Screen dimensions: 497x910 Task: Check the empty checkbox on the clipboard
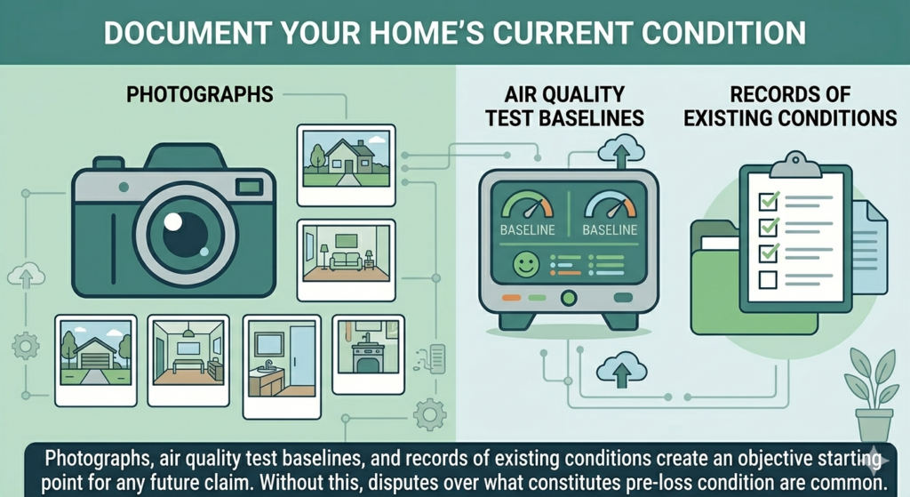tap(767, 281)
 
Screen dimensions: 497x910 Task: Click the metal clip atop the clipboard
tap(793, 164)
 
